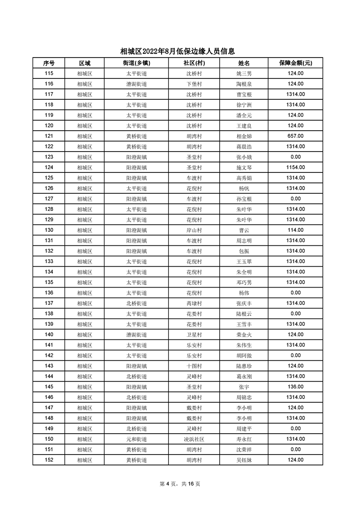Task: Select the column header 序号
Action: coord(49,63)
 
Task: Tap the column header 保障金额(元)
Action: coord(296,63)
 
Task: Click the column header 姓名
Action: coord(244,63)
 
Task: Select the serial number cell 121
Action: coord(49,136)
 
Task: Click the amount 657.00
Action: coord(296,136)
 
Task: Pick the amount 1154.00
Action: coord(296,167)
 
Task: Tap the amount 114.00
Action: coord(296,230)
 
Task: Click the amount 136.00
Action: coord(296,387)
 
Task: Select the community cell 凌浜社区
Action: coord(194,439)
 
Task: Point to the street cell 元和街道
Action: coord(136,439)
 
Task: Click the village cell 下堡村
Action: coord(194,84)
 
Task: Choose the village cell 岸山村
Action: coord(194,230)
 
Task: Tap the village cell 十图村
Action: coord(194,366)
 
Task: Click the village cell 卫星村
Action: coord(194,334)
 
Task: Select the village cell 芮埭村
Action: coord(194,303)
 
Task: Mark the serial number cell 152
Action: coord(49,460)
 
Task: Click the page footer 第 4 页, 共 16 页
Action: coord(180,484)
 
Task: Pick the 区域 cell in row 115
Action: coord(84,73)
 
